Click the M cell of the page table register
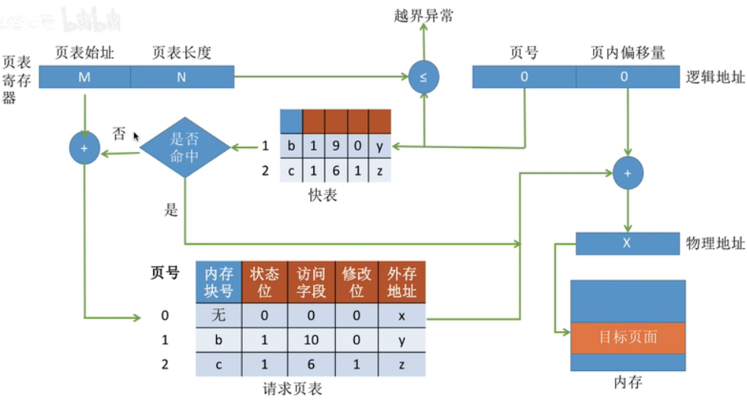84,77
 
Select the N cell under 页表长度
182,77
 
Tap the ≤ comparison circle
423,77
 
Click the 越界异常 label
424,15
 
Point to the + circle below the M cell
84,149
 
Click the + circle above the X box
627,173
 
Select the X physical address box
627,244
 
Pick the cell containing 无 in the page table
218,315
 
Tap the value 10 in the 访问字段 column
309,341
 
